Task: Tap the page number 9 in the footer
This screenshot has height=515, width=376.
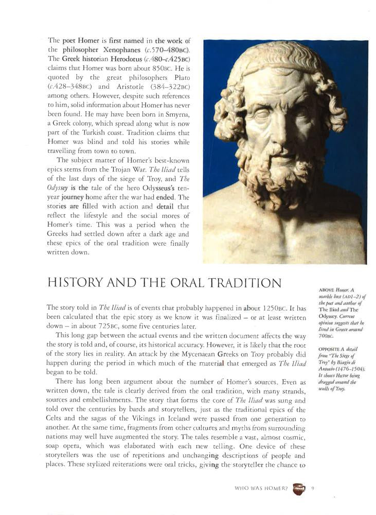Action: click(313, 488)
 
